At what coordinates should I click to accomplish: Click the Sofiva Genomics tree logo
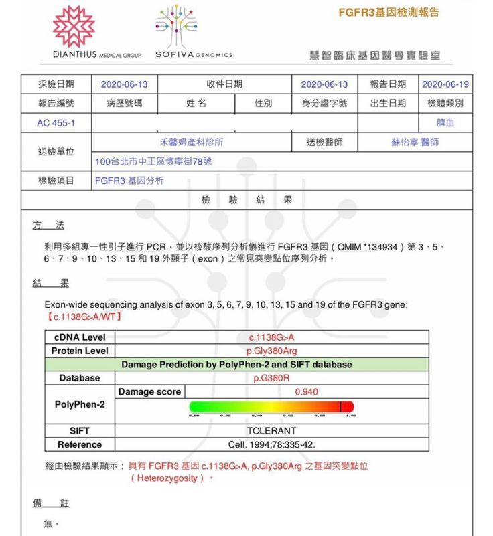pos(177,27)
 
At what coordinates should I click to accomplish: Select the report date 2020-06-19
pos(445,84)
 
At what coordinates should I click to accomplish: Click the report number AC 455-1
pos(56,123)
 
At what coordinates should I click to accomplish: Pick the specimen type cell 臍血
pos(445,123)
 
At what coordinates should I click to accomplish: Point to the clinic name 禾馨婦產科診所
pos(192,142)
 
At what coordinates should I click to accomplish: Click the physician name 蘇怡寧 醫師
pos(415,142)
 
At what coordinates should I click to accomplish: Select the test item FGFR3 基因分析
pos(129,181)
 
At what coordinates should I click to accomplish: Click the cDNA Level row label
pos(79,337)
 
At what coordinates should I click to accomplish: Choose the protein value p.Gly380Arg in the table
pos(271,351)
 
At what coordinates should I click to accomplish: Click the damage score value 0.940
pos(306,391)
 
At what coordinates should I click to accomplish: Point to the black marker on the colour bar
pos(340,406)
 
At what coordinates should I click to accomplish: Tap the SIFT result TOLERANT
pos(271,431)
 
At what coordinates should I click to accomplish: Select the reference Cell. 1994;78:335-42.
pos(271,444)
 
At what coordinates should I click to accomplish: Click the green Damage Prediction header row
pos(236,365)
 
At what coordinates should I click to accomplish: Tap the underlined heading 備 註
pos(51,503)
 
